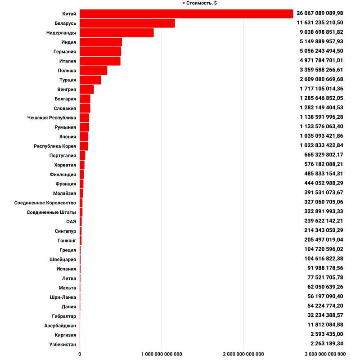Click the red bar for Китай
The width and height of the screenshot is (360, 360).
click(x=186, y=14)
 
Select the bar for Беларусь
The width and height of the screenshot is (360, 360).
click(x=127, y=23)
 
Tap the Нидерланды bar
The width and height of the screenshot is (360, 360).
click(x=117, y=33)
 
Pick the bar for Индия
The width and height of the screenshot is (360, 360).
click(x=101, y=42)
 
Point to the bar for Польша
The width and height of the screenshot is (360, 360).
click(x=94, y=71)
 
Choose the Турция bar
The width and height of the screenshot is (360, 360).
click(x=90, y=80)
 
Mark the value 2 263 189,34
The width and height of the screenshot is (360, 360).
click(x=327, y=344)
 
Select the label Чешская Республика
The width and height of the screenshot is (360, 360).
click(x=52, y=118)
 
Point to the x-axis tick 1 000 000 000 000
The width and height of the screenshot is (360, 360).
click(x=162, y=354)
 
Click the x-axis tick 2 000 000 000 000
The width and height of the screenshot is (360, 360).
click(x=243, y=354)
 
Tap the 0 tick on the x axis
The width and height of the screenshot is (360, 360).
click(x=80, y=354)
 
